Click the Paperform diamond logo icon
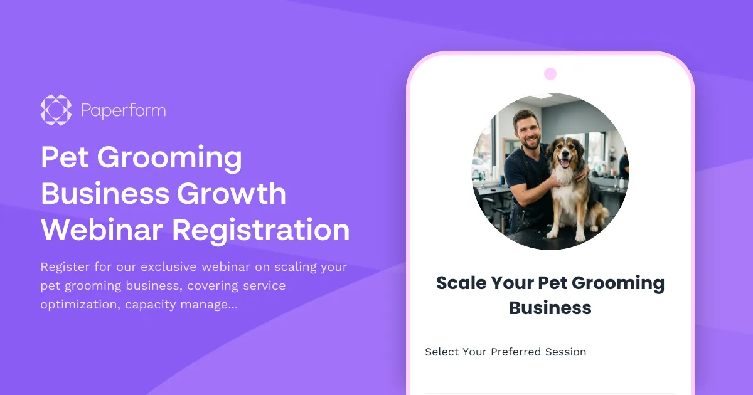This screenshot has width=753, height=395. point(56,110)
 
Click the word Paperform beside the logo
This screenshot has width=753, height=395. point(123,111)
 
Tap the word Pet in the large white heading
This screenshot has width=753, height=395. point(65,157)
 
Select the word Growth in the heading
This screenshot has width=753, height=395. point(232,194)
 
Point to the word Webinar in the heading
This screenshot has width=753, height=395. point(102,229)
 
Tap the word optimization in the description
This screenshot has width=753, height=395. point(79,305)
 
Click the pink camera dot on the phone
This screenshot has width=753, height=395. point(550,74)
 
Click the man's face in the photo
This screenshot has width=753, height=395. point(526,130)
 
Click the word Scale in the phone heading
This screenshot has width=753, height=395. point(461,283)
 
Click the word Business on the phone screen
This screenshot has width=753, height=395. point(550,308)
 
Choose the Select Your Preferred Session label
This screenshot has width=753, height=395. point(505,352)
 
